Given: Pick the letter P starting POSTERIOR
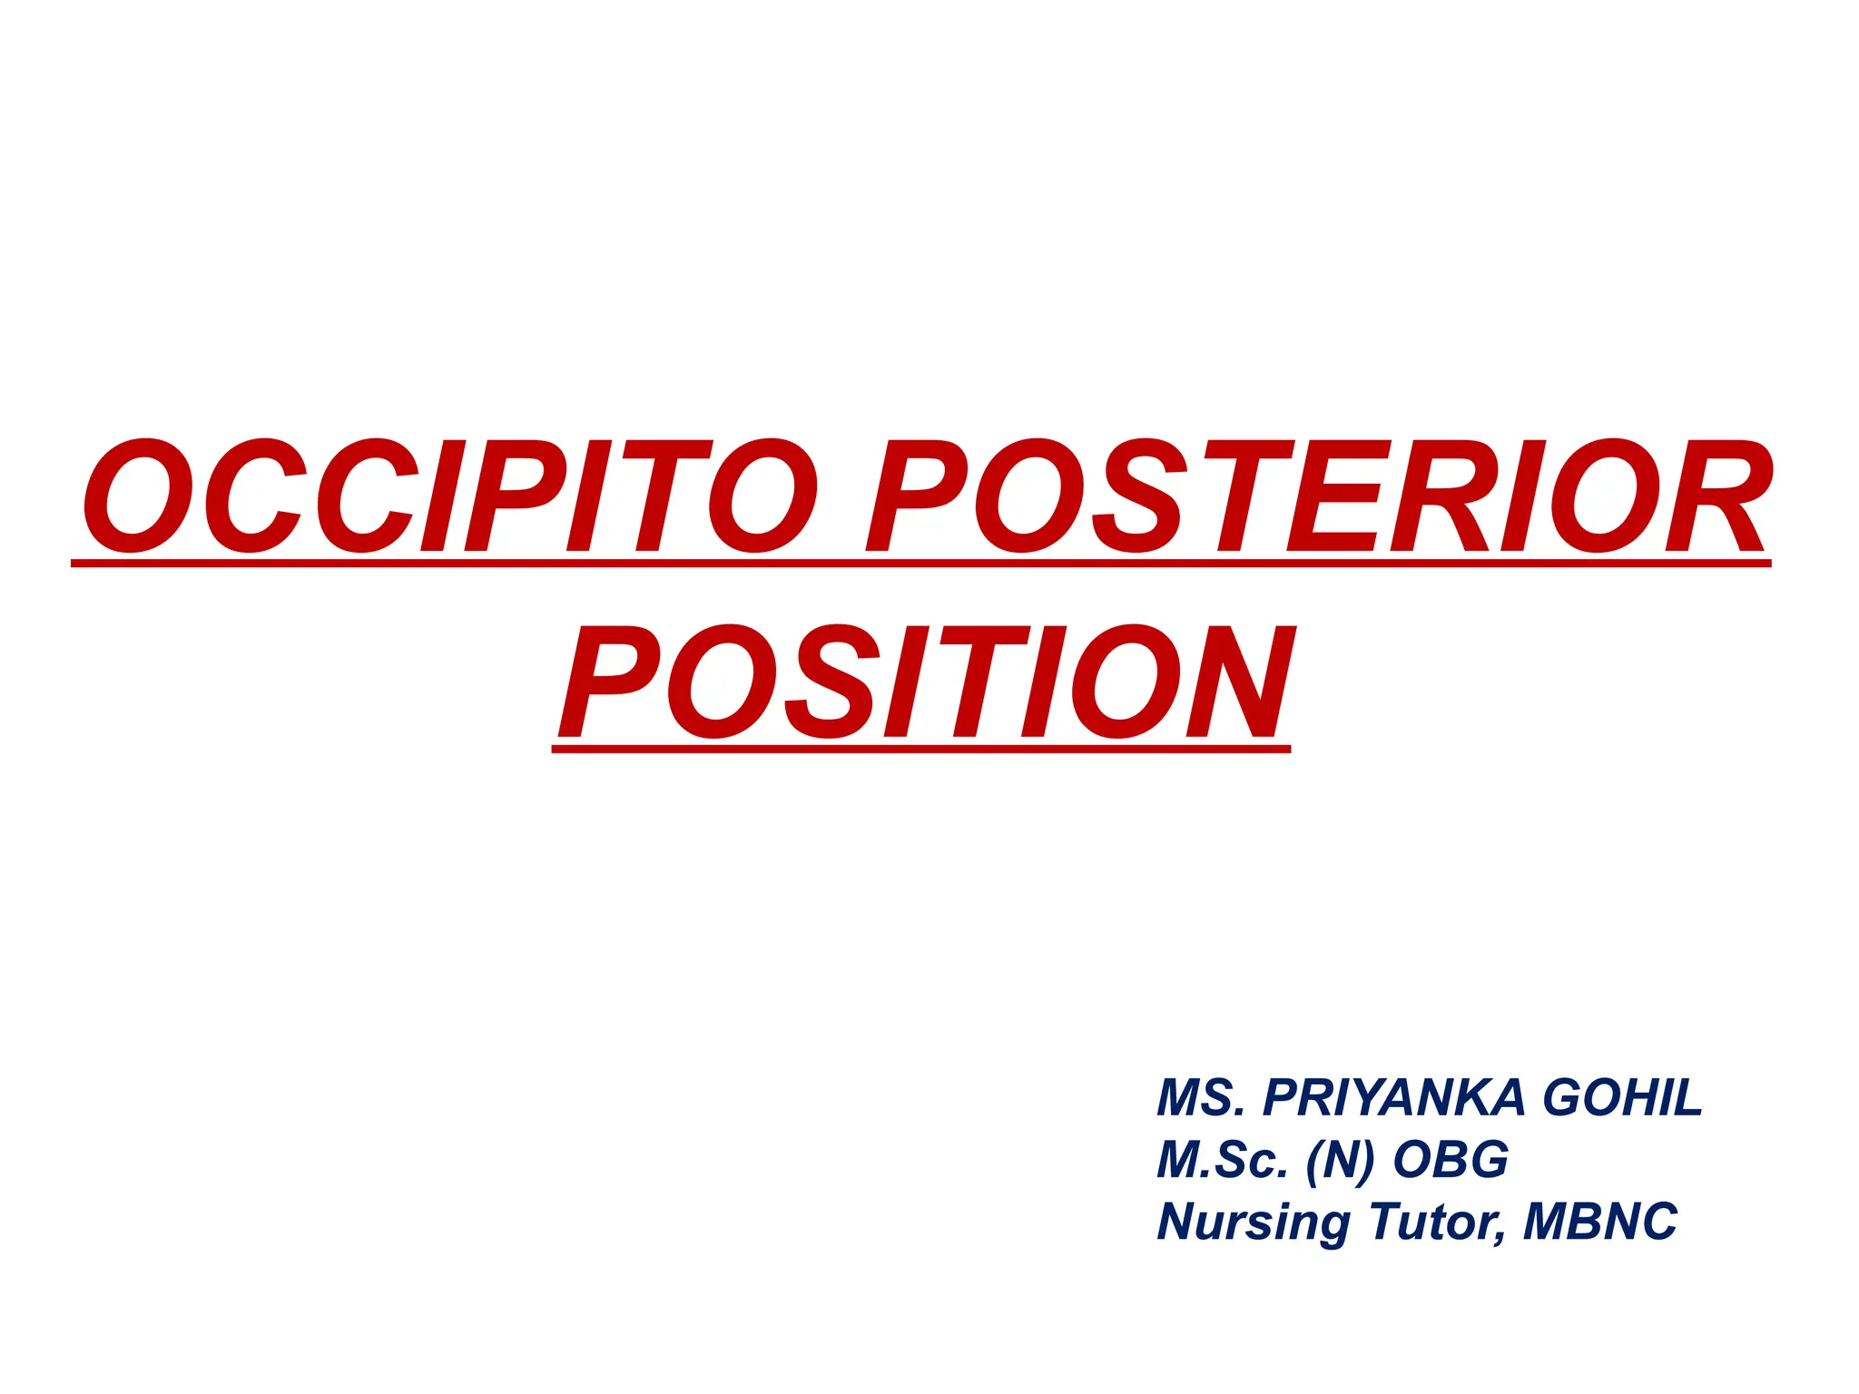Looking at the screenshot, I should click(917, 496).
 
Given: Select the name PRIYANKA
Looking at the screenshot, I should click(1394, 1097).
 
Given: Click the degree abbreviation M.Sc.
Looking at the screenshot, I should click(1222, 1159).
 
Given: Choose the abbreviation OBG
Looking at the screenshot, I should click(1451, 1159).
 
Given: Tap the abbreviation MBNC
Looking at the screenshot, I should click(1600, 1221).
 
